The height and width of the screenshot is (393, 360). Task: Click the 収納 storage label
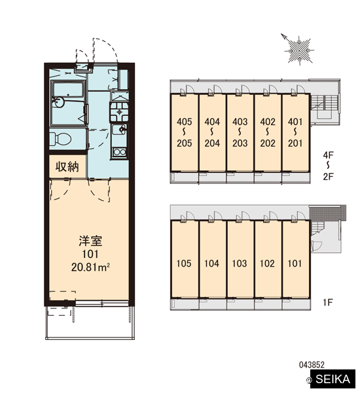[x=67, y=166]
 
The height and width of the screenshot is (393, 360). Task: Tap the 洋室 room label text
[x=90, y=241]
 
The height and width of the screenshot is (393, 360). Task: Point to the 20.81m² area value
[x=90, y=267]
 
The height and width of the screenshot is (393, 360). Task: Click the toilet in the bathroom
[x=60, y=139]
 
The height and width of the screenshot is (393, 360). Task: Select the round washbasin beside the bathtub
[x=58, y=102]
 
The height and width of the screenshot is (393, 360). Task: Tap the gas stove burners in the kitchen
[x=119, y=111]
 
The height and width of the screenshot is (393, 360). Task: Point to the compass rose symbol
[x=298, y=50]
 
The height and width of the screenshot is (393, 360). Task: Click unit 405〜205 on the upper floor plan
[x=185, y=132]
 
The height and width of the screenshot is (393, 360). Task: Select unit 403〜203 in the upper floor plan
[x=240, y=132]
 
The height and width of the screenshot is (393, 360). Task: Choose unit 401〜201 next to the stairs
[x=296, y=132]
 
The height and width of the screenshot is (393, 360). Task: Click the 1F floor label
[x=328, y=302]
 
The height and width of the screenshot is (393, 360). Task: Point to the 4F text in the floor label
[x=328, y=155]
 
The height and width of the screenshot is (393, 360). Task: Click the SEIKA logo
[x=333, y=379]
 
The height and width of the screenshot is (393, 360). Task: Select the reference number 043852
[x=312, y=365]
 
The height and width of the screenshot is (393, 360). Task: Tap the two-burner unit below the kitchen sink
[x=119, y=152]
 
